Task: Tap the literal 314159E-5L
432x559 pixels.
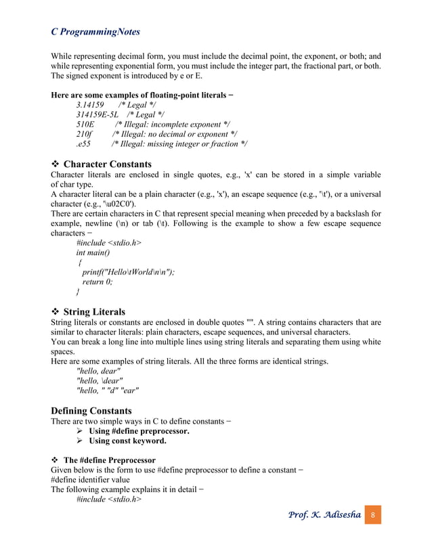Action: point(98,115)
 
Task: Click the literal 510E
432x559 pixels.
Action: point(85,125)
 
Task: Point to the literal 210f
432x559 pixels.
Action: point(84,134)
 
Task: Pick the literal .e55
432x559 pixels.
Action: point(84,143)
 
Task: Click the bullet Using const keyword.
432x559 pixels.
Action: point(128,441)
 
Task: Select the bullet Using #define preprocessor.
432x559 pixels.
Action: point(139,430)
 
